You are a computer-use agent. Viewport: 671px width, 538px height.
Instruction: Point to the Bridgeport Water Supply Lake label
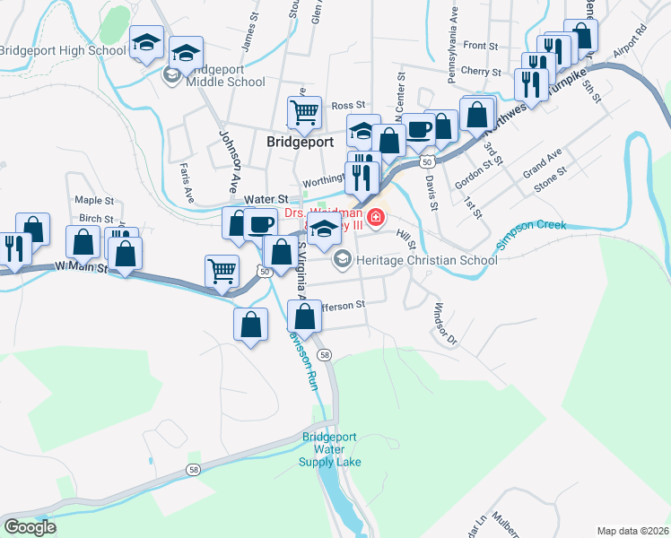(331, 449)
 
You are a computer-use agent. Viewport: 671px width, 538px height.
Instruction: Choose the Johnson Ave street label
(230, 158)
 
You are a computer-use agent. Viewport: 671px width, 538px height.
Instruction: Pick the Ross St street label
(349, 106)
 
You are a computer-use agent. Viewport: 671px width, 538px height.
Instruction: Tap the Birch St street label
(96, 219)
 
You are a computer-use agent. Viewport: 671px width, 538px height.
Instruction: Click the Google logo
(30, 527)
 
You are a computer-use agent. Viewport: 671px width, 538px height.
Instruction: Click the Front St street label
(481, 46)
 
